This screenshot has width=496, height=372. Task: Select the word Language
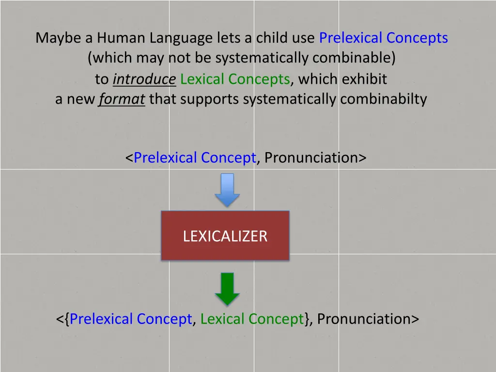tap(181, 38)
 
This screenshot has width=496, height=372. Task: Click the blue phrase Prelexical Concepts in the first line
tap(384, 38)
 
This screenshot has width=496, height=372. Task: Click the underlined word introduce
tap(144, 79)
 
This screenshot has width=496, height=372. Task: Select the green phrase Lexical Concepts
tap(235, 79)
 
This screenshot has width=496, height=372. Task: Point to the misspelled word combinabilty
tap(383, 99)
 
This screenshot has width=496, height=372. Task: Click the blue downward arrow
tap(227, 189)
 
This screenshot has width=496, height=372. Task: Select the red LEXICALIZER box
tap(225, 236)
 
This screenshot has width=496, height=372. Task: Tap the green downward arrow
tap(227, 288)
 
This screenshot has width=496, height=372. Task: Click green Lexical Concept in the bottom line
tap(252, 319)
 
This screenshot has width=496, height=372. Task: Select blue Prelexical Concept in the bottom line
tap(131, 319)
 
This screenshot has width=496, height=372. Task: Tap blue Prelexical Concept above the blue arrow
tap(195, 158)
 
